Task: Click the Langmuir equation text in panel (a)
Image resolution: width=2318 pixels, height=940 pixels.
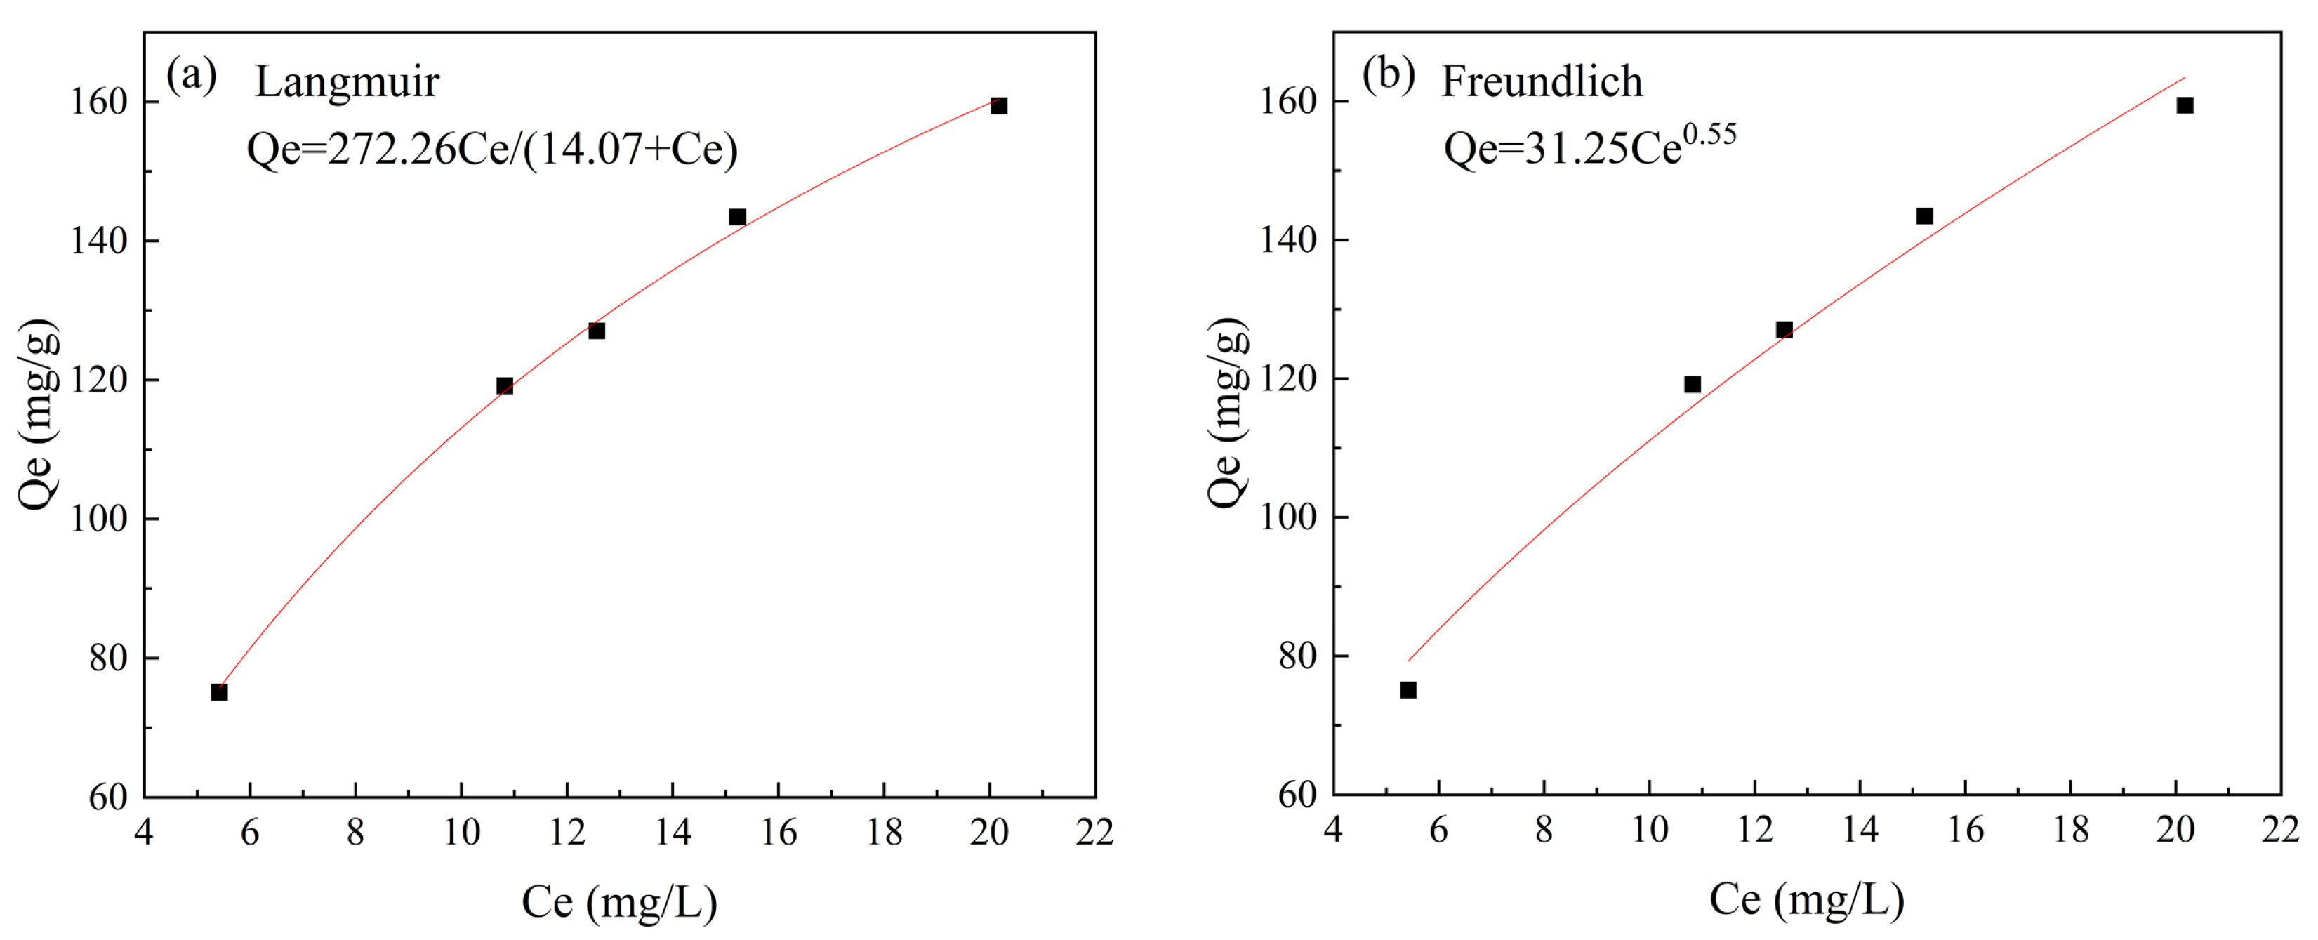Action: (492, 150)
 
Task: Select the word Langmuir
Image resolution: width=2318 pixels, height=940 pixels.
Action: (347, 83)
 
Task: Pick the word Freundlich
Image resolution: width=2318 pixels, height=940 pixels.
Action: (1542, 82)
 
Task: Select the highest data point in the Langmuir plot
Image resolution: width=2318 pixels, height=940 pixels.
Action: (999, 106)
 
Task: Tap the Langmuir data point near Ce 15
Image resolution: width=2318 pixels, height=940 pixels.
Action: (738, 217)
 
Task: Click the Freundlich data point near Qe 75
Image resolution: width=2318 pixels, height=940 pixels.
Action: (1408, 690)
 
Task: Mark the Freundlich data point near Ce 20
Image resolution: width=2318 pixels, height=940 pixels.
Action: (2185, 105)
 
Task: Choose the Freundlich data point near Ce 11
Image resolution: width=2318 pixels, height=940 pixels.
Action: (1693, 385)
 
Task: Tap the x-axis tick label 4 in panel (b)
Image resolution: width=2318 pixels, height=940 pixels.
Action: (1332, 830)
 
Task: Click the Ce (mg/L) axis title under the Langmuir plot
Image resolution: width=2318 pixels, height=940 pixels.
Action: (619, 902)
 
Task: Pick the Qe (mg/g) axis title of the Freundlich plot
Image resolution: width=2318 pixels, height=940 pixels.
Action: (1227, 413)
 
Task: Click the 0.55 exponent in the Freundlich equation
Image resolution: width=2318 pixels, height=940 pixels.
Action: (1709, 135)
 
